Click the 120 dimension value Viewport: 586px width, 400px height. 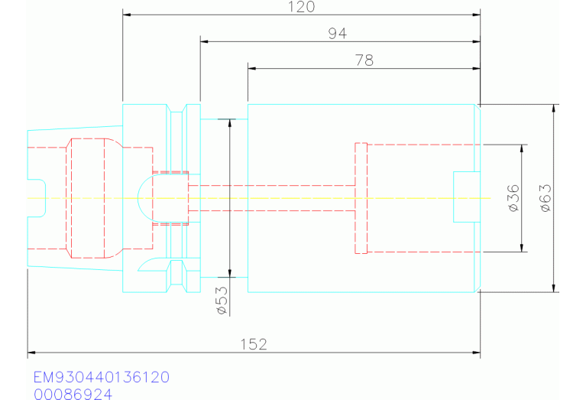[302, 7]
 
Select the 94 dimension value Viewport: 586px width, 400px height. [336, 34]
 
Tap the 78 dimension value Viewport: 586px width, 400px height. [364, 60]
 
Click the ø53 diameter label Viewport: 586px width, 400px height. [220, 301]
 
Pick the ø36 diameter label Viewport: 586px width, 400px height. [513, 197]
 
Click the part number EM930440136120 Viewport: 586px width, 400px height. [101, 378]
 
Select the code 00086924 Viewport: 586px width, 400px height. [73, 394]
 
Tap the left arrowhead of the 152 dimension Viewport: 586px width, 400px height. [31, 353]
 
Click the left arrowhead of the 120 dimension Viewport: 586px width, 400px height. [127, 15]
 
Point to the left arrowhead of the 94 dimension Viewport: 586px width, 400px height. [205, 41]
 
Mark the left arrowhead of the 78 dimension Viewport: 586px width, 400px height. [252, 68]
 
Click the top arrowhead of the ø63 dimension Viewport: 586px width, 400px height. [555, 109]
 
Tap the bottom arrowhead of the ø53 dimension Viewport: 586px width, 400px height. [230, 272]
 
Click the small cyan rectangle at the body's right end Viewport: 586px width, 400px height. [466, 197]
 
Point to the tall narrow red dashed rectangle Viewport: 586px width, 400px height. [361, 198]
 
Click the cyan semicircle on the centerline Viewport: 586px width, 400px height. [144, 197]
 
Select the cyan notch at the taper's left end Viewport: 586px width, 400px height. [37, 198]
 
